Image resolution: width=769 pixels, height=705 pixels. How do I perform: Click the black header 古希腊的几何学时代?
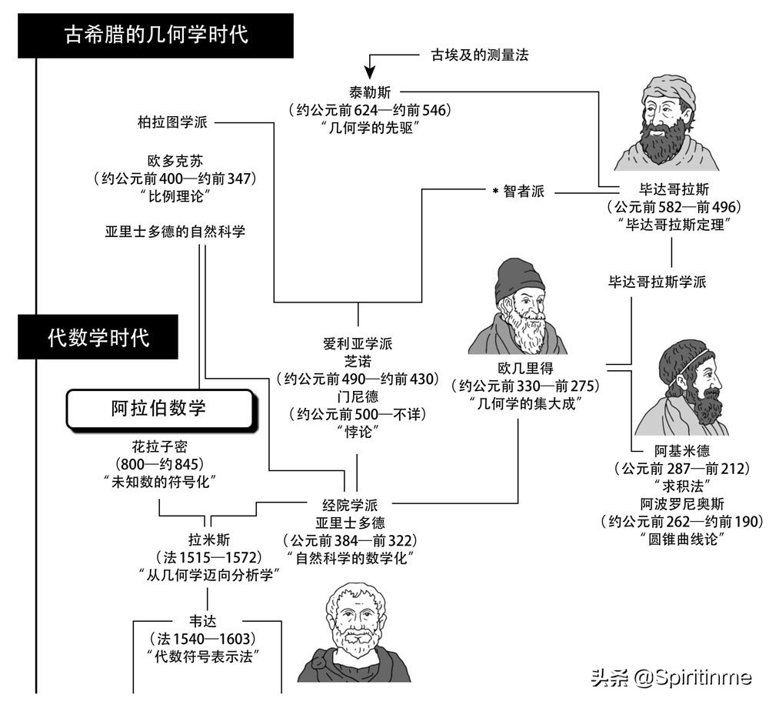(x=157, y=35)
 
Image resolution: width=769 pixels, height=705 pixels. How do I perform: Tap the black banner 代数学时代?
(x=98, y=337)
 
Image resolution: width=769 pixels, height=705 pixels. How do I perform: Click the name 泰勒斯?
(x=370, y=92)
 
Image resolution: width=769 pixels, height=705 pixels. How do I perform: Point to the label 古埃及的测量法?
(x=478, y=55)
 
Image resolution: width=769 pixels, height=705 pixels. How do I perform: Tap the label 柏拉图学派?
(x=168, y=122)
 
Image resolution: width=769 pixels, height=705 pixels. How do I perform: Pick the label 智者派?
(x=523, y=192)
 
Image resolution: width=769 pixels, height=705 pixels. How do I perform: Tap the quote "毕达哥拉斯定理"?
(x=673, y=224)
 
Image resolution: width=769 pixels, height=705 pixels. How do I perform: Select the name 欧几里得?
(x=525, y=368)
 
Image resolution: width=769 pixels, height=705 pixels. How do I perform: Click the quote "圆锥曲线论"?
(x=681, y=539)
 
